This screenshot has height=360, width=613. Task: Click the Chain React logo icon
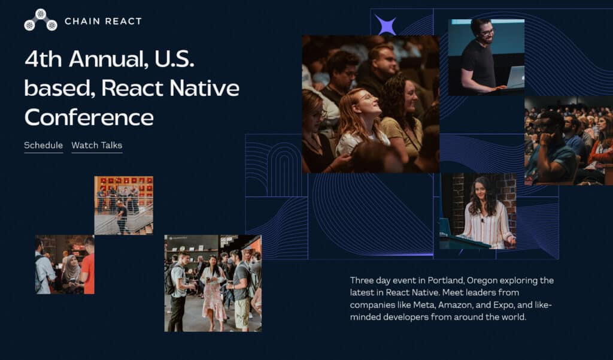40,20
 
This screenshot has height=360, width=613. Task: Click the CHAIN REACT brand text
103,22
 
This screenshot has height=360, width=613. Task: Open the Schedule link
43,146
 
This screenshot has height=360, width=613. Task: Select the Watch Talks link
96,146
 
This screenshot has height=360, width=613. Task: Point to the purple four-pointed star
386,26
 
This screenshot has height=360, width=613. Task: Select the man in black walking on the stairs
122,216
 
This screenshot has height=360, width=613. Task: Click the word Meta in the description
423,305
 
